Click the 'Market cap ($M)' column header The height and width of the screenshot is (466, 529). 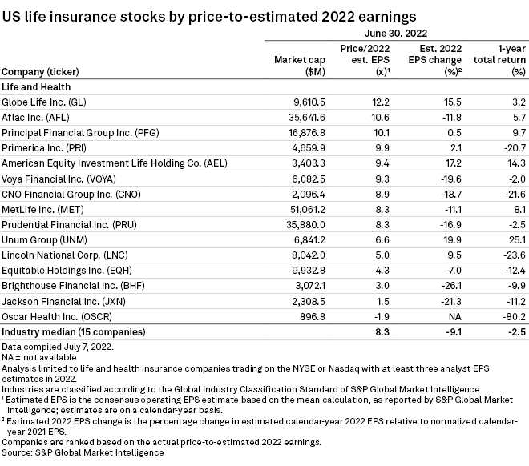point(297,65)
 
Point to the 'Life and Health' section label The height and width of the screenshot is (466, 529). point(36,86)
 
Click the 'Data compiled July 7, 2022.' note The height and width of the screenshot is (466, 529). point(57,347)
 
